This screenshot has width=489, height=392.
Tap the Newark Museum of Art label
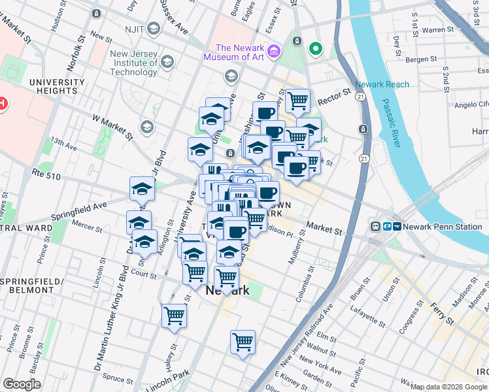[239, 52]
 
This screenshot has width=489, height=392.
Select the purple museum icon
[274, 51]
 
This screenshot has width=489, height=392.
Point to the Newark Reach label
[382, 84]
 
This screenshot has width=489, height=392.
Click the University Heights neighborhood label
[57, 87]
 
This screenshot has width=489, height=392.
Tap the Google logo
[22, 384]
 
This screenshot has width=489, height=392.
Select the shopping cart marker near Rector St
[297, 101]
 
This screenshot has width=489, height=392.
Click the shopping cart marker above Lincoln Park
[243, 342]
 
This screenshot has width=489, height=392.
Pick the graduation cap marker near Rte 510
[142, 189]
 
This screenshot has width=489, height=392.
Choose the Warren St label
[437, 29]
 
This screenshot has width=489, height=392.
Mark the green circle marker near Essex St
[315, 48]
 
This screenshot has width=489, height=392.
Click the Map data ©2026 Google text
[448, 387]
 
